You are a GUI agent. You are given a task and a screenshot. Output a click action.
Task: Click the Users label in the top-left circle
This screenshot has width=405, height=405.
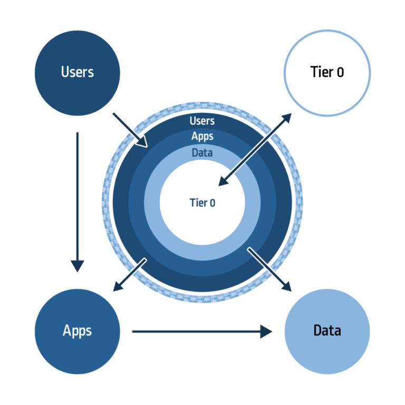tap(77, 72)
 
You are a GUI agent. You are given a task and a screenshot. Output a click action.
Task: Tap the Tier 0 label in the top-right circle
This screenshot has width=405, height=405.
tap(327, 72)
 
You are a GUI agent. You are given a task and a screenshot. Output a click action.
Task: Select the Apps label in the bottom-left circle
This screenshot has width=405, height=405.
tap(77, 331)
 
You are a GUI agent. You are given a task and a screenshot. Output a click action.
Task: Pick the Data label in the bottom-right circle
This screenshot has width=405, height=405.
tap(327, 331)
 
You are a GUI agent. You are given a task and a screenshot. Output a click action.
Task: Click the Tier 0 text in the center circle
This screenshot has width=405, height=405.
tap(202, 202)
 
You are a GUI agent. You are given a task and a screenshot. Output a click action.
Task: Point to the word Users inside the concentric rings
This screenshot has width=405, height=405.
tap(202, 121)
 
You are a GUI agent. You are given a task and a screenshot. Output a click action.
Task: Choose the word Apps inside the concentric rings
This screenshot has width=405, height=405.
tap(202, 136)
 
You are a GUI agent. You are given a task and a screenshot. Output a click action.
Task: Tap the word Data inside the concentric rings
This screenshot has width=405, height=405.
tap(202, 152)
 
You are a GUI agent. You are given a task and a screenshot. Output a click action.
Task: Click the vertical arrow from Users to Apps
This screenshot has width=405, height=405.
tap(78, 200)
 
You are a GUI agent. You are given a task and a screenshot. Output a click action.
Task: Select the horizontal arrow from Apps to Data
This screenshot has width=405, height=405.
tap(200, 331)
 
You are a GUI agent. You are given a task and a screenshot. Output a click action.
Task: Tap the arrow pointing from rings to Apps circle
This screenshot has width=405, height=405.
tap(129, 275)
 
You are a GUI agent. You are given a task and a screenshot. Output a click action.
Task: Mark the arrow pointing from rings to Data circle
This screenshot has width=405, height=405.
tap(270, 270)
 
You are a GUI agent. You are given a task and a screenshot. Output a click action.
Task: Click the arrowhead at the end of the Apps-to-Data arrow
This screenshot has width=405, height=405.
tap(267, 331)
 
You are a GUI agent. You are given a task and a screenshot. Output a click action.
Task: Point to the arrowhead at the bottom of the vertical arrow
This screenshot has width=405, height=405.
tap(78, 266)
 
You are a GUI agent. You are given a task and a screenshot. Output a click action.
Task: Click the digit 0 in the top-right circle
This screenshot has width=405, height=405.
tap(340, 72)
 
